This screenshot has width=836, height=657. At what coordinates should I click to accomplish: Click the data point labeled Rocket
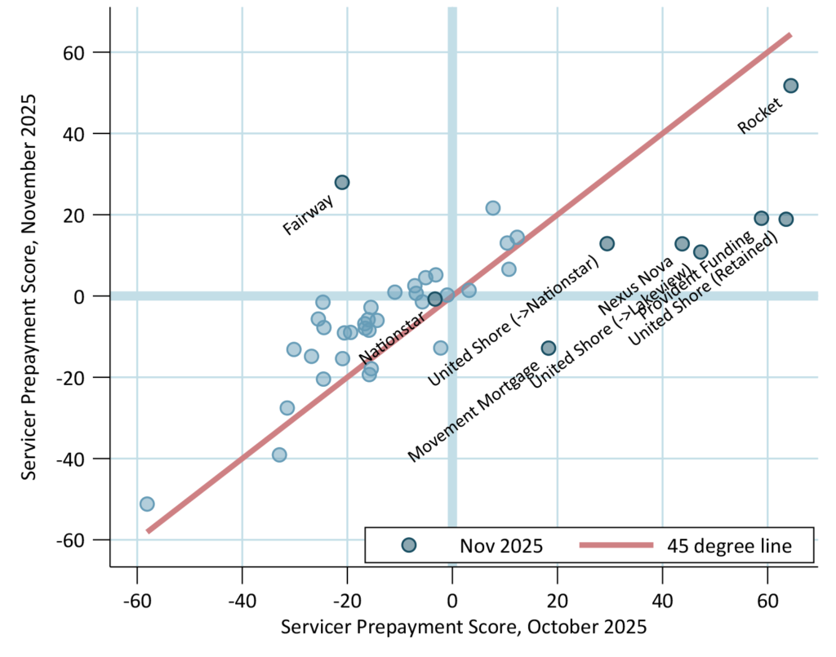[x=790, y=86]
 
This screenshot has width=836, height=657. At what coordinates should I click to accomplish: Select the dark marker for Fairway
[x=342, y=182]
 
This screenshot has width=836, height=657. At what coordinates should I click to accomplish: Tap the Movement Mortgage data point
[x=549, y=348]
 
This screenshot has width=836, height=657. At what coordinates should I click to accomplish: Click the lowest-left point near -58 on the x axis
[x=147, y=504]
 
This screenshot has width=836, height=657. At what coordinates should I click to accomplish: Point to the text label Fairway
[x=308, y=215]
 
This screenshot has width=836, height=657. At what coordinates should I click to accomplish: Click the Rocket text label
[x=758, y=115]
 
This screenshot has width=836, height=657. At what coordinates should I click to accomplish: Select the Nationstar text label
[x=392, y=338]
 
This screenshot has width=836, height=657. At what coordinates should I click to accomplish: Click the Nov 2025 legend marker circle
[x=409, y=546]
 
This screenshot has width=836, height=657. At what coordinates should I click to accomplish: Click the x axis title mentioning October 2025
[x=464, y=628]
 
